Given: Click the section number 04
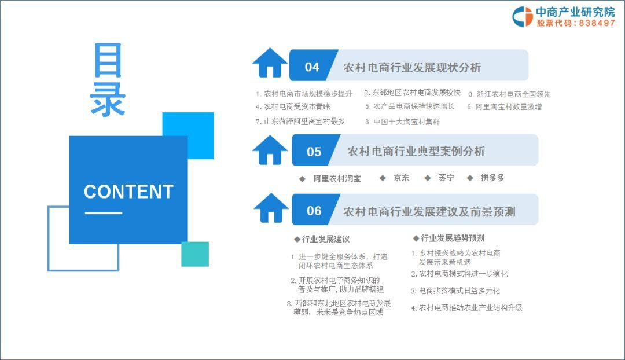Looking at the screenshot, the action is click(312, 67).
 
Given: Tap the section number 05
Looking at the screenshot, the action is click(314, 152).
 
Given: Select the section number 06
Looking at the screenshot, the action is click(314, 211).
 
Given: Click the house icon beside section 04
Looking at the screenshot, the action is click(270, 63).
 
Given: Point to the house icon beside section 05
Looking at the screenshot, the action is click(270, 150).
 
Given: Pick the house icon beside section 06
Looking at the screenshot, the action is click(271, 208).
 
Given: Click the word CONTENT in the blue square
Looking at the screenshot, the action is click(128, 192).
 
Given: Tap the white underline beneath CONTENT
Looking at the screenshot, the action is click(103, 213).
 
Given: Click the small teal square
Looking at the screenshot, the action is click(195, 254).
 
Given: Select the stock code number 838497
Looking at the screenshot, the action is click(597, 23).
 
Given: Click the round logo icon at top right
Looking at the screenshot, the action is click(523, 17).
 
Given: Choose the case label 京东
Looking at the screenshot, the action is click(402, 178).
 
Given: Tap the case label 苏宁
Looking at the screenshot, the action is click(446, 178).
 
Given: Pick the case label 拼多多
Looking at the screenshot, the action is click(492, 178).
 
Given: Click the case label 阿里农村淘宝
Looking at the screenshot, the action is click(337, 179).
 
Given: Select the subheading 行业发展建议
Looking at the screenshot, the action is click(326, 239).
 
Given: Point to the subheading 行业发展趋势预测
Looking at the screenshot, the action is click(453, 238).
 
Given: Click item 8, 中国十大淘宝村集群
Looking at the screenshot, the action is click(403, 122).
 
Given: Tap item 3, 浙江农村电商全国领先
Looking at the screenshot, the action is click(509, 94).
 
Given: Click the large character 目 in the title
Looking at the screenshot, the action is click(108, 60).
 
